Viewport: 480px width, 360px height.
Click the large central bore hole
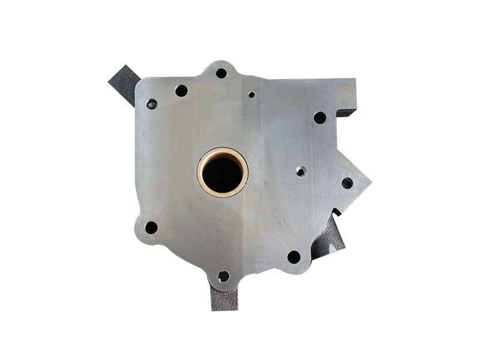click(223, 172)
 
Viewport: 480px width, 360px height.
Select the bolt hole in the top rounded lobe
click(221, 73)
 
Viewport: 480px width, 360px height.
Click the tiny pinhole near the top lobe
click(251, 94)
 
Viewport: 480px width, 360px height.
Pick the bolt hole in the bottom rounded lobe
click(223, 276)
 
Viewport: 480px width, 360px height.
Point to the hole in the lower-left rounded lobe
click(151, 227)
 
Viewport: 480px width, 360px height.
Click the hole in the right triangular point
click(347, 182)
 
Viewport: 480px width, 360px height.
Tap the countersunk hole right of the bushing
click(301, 172)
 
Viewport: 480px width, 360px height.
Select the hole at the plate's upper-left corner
click(152, 104)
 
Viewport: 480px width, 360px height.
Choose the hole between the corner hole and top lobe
click(181, 91)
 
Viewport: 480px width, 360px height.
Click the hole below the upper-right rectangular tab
click(320, 118)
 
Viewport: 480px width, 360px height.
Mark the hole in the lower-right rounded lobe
click(293, 257)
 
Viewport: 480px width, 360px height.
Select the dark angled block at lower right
click(329, 237)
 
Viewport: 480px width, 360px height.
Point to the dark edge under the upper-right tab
click(347, 112)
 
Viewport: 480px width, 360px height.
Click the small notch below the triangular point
click(337, 211)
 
